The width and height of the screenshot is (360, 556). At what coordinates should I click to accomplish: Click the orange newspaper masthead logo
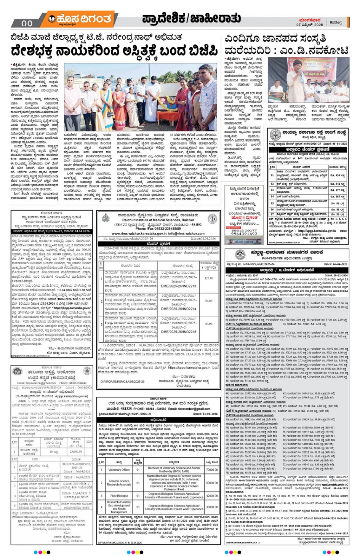(80, 19)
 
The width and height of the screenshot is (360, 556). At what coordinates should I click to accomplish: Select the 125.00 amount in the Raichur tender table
(209, 278)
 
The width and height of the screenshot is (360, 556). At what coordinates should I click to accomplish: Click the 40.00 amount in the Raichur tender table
(209, 324)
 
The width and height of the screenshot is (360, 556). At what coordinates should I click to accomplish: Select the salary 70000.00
(212, 470)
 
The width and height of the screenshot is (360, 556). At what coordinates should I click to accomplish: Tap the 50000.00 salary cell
(212, 483)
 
